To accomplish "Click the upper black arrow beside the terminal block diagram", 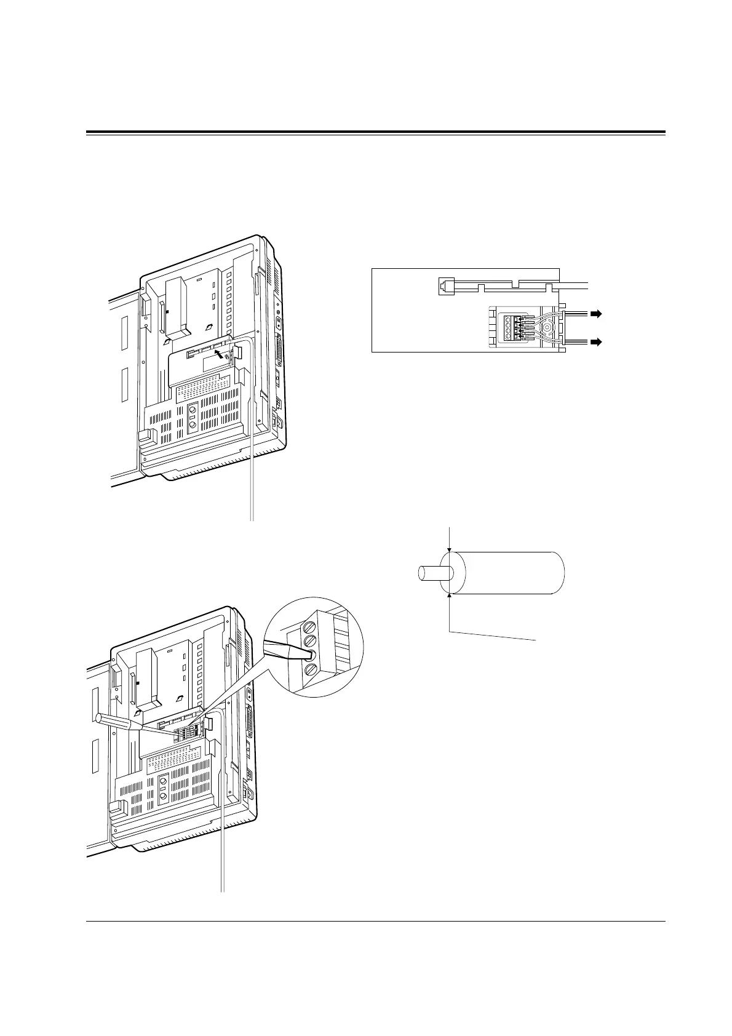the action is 596,314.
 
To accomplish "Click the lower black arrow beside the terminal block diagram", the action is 596,340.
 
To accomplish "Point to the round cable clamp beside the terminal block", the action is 546,328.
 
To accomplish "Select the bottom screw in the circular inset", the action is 311,669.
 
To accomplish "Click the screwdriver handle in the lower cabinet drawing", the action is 117,722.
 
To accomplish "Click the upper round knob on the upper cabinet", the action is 193,410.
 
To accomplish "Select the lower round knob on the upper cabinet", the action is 193,425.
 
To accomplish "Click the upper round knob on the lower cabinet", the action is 163,781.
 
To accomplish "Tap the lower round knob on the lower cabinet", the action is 163,797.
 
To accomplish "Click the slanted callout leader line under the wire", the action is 492,636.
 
